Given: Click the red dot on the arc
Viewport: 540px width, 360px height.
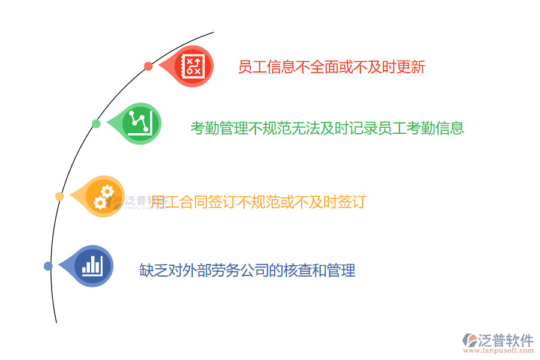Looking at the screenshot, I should pyautogui.click(x=148, y=66).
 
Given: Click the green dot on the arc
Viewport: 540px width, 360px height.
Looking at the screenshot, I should pyautogui.click(x=96, y=124).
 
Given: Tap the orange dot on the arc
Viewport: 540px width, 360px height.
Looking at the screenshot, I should pyautogui.click(x=59, y=196).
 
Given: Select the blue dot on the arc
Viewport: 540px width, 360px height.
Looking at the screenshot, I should pyautogui.click(x=48, y=266).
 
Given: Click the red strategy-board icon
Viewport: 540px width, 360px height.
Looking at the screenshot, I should pyautogui.click(x=193, y=66).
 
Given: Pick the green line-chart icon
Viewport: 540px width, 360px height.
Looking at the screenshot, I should pyautogui.click(x=142, y=123).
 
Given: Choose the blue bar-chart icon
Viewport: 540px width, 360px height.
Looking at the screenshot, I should pyautogui.click(x=93, y=266).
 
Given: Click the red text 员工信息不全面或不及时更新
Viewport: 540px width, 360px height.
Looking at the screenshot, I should pyautogui.click(x=331, y=67).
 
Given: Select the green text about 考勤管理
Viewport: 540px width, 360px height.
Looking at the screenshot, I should pyautogui.click(x=327, y=128).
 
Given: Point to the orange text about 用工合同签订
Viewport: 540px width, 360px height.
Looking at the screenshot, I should pyautogui.click(x=258, y=202).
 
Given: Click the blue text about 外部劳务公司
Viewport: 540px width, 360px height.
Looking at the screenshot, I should pyautogui.click(x=247, y=271).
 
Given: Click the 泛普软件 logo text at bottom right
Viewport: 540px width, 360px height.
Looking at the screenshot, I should pyautogui.click(x=506, y=341).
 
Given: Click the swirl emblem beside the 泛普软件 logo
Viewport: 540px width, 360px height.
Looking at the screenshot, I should pyautogui.click(x=469, y=340).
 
